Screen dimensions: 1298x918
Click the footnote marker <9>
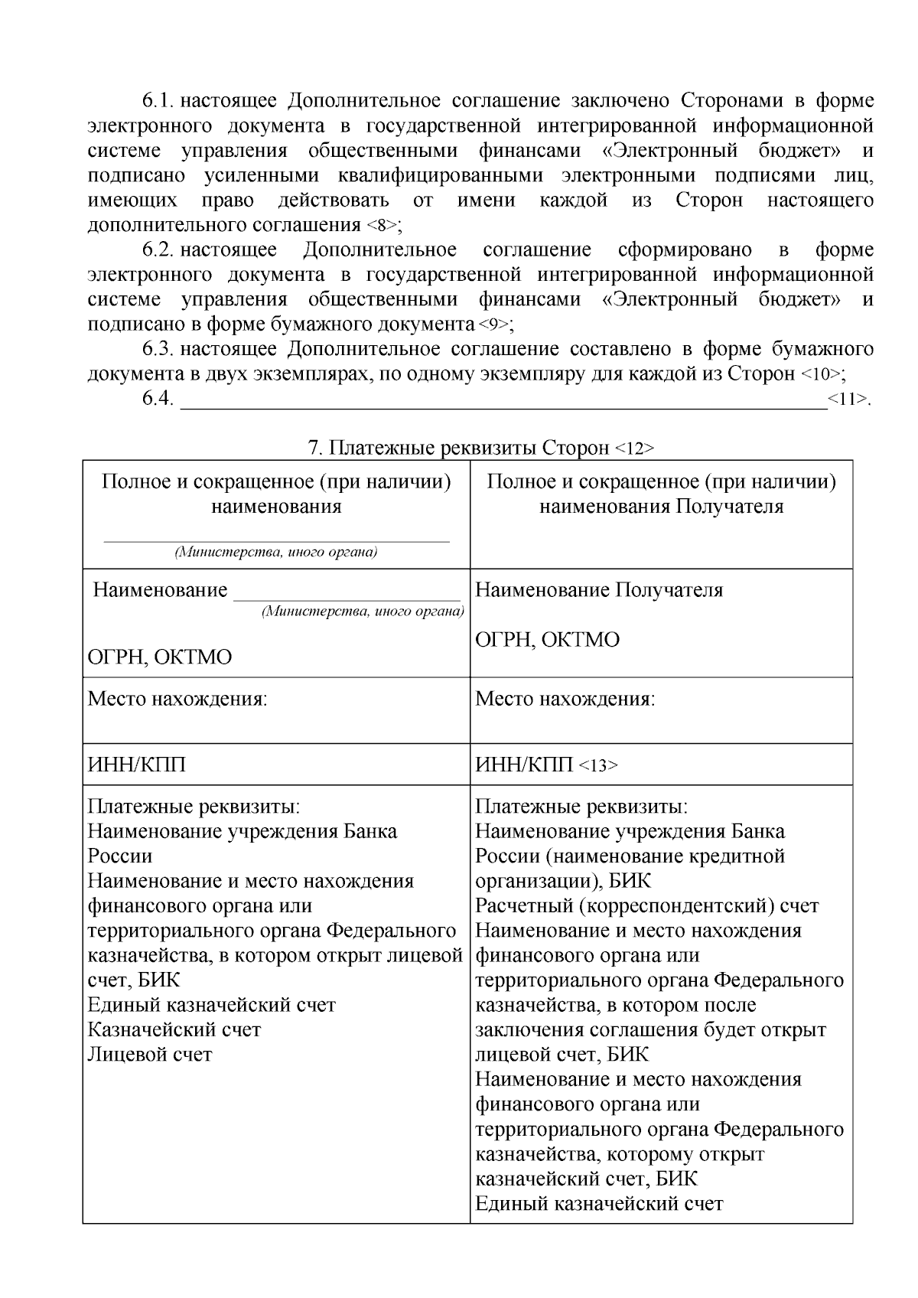pyautogui.click(x=494, y=324)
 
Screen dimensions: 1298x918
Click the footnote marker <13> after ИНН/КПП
pyautogui.click(x=597, y=765)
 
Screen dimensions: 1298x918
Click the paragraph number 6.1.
pyautogui.click(x=158, y=101)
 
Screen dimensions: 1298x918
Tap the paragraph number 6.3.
pyautogui.click(x=158, y=349)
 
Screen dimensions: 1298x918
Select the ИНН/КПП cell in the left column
pyautogui.click(x=138, y=765)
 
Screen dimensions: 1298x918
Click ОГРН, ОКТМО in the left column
pyautogui.click(x=160, y=657)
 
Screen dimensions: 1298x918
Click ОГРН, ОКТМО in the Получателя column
pyautogui.click(x=547, y=639)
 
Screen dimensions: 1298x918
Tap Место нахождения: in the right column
pyautogui.click(x=565, y=699)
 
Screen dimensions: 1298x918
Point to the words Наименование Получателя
pyautogui.click(x=599, y=590)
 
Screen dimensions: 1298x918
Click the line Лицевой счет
pyautogui.click(x=150, y=1054)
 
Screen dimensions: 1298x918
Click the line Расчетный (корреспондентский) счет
pyautogui.click(x=646, y=905)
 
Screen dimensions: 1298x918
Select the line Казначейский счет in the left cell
pyautogui.click(x=174, y=1029)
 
